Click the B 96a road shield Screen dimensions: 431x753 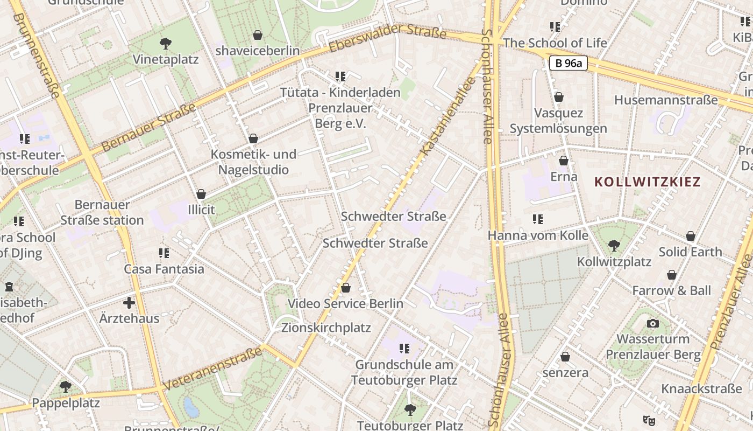coord(569,63)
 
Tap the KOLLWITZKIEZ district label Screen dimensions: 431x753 coord(648,182)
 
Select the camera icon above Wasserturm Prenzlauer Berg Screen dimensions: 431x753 coord(653,323)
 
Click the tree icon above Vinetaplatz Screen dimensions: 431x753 coord(166,43)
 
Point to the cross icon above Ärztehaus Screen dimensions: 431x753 coord(129,303)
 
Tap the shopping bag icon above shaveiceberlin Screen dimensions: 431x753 coord(258,35)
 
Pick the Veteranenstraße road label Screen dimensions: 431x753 coord(214,369)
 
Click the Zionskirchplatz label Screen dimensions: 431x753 coord(326,328)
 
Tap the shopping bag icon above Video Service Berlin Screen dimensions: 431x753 coord(346,288)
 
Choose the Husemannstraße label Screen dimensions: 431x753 coord(666,100)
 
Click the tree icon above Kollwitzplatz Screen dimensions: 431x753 coord(614,246)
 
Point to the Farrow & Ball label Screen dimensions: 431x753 coord(671,290)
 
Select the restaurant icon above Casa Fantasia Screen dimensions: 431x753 coord(164,253)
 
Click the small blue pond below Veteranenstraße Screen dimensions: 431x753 coord(191,407)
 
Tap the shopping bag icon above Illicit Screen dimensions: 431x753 coord(201,194)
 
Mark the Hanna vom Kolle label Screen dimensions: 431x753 coord(538,235)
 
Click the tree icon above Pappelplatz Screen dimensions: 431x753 coord(66,387)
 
